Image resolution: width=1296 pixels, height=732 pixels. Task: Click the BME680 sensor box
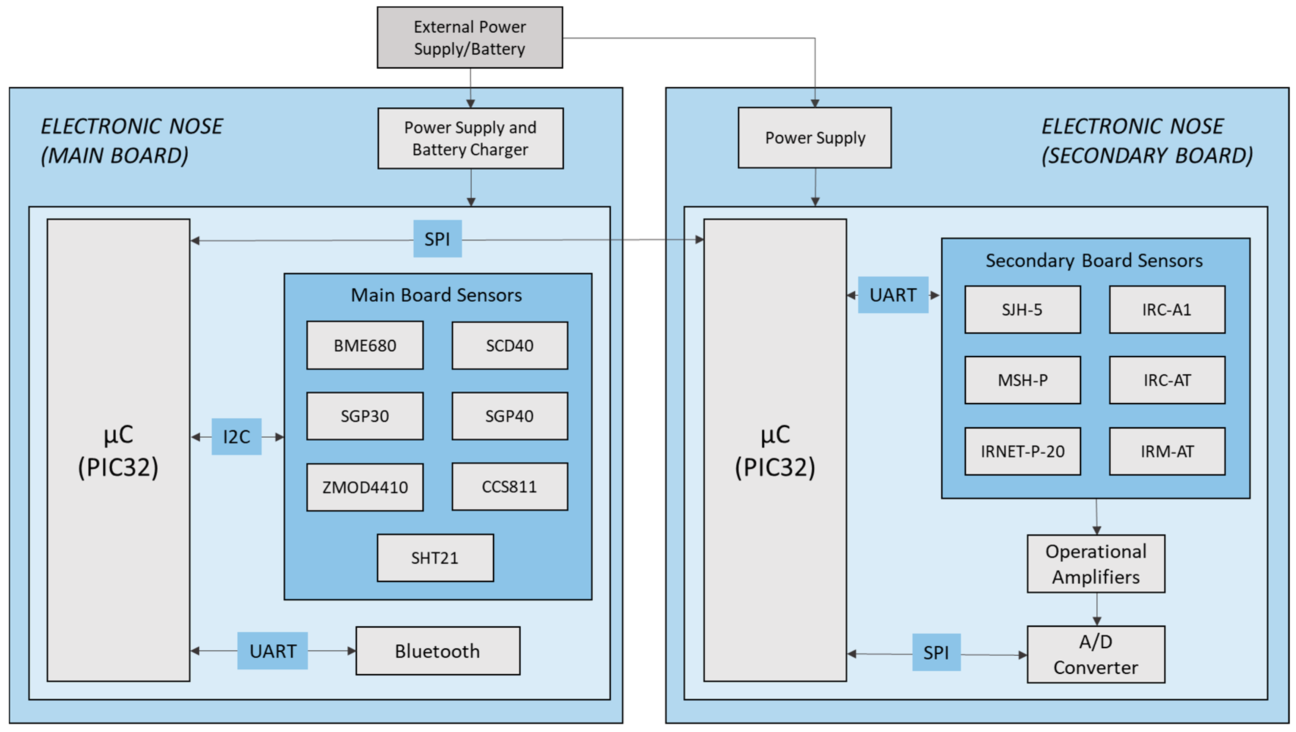[x=365, y=346]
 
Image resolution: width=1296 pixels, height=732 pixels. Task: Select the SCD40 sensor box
[x=510, y=346]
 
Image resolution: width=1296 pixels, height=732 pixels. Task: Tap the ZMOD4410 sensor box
[x=365, y=487]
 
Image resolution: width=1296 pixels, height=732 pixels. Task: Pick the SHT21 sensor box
[x=435, y=558]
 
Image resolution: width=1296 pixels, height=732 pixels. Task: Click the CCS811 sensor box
[x=510, y=487]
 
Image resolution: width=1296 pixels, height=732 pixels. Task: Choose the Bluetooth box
[x=438, y=651]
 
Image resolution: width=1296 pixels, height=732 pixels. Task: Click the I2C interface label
[x=237, y=437]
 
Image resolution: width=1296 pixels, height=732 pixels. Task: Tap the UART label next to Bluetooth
[x=273, y=651]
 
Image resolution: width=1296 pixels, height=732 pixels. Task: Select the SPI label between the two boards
[x=438, y=239]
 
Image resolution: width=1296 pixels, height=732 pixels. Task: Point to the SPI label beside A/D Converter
[x=936, y=652]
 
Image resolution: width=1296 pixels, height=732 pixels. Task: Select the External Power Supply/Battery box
[x=470, y=38]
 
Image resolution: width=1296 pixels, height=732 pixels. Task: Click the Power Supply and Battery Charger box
[x=471, y=138]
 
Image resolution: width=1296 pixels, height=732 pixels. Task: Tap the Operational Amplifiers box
[x=1096, y=564]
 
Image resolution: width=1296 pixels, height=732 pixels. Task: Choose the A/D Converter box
[x=1096, y=655]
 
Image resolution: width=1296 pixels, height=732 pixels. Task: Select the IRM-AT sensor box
[x=1167, y=451]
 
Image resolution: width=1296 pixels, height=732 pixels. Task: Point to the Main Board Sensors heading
[x=436, y=295]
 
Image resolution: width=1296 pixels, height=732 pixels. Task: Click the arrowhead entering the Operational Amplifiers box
[x=1097, y=530]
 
